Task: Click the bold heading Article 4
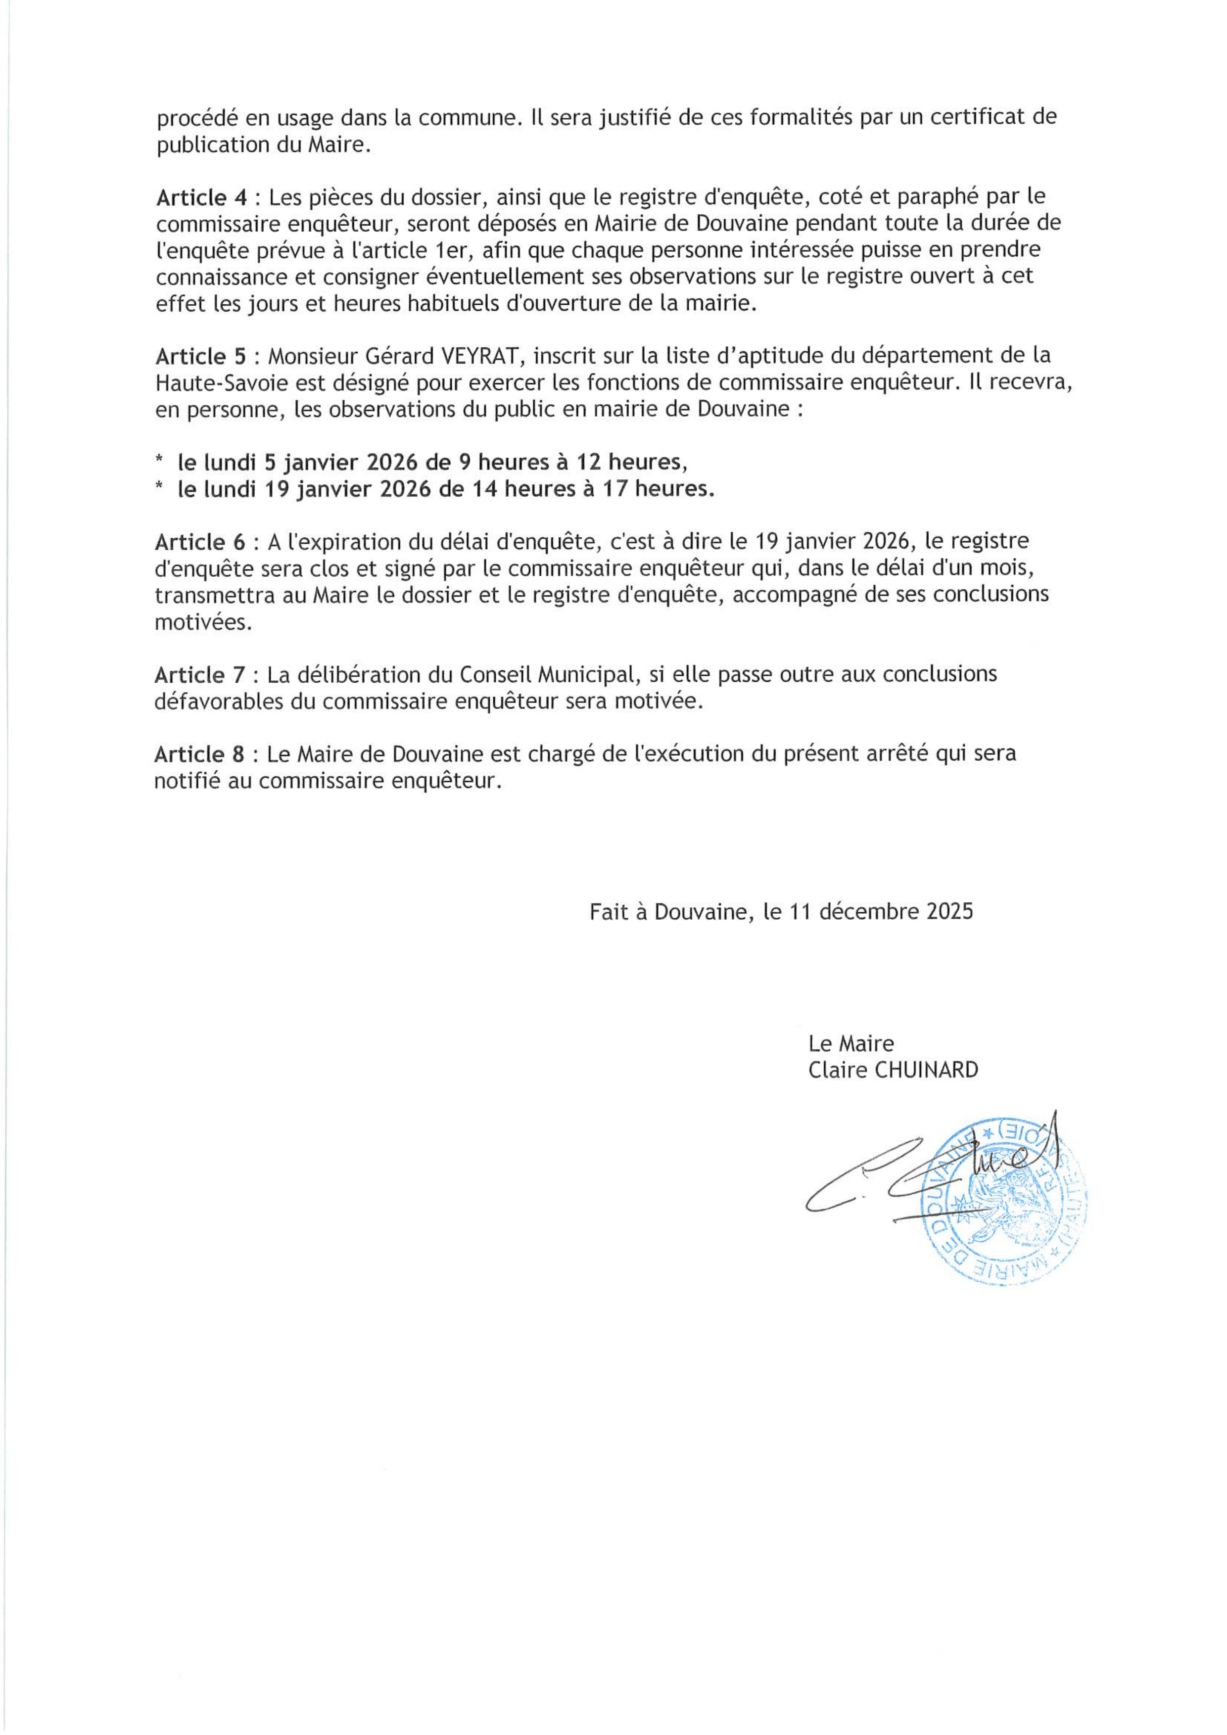coord(201,198)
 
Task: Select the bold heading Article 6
coord(200,542)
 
